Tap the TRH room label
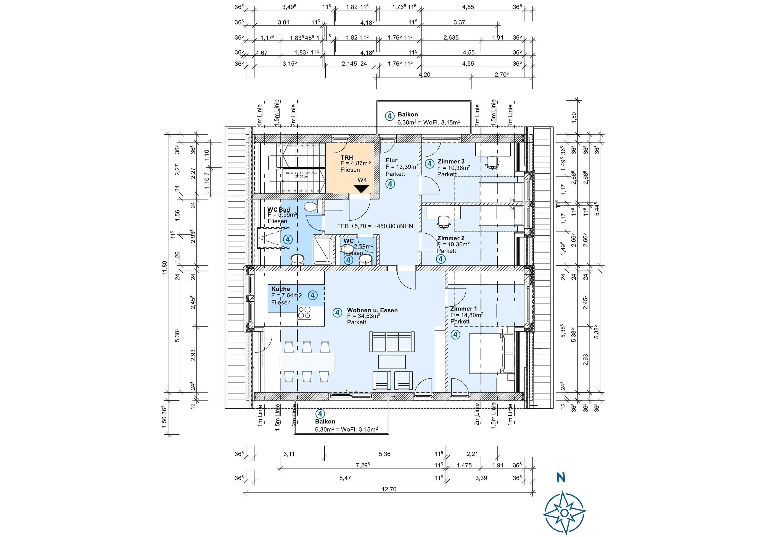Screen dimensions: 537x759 [347, 158]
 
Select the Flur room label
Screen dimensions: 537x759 [391, 160]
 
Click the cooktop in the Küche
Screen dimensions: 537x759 [304, 313]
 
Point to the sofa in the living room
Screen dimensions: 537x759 [392, 342]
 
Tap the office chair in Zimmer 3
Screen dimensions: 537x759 [492, 162]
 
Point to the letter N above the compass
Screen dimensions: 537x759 [561, 478]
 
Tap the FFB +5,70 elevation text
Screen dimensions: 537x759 [375, 226]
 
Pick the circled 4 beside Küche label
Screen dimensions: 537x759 [313, 295]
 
